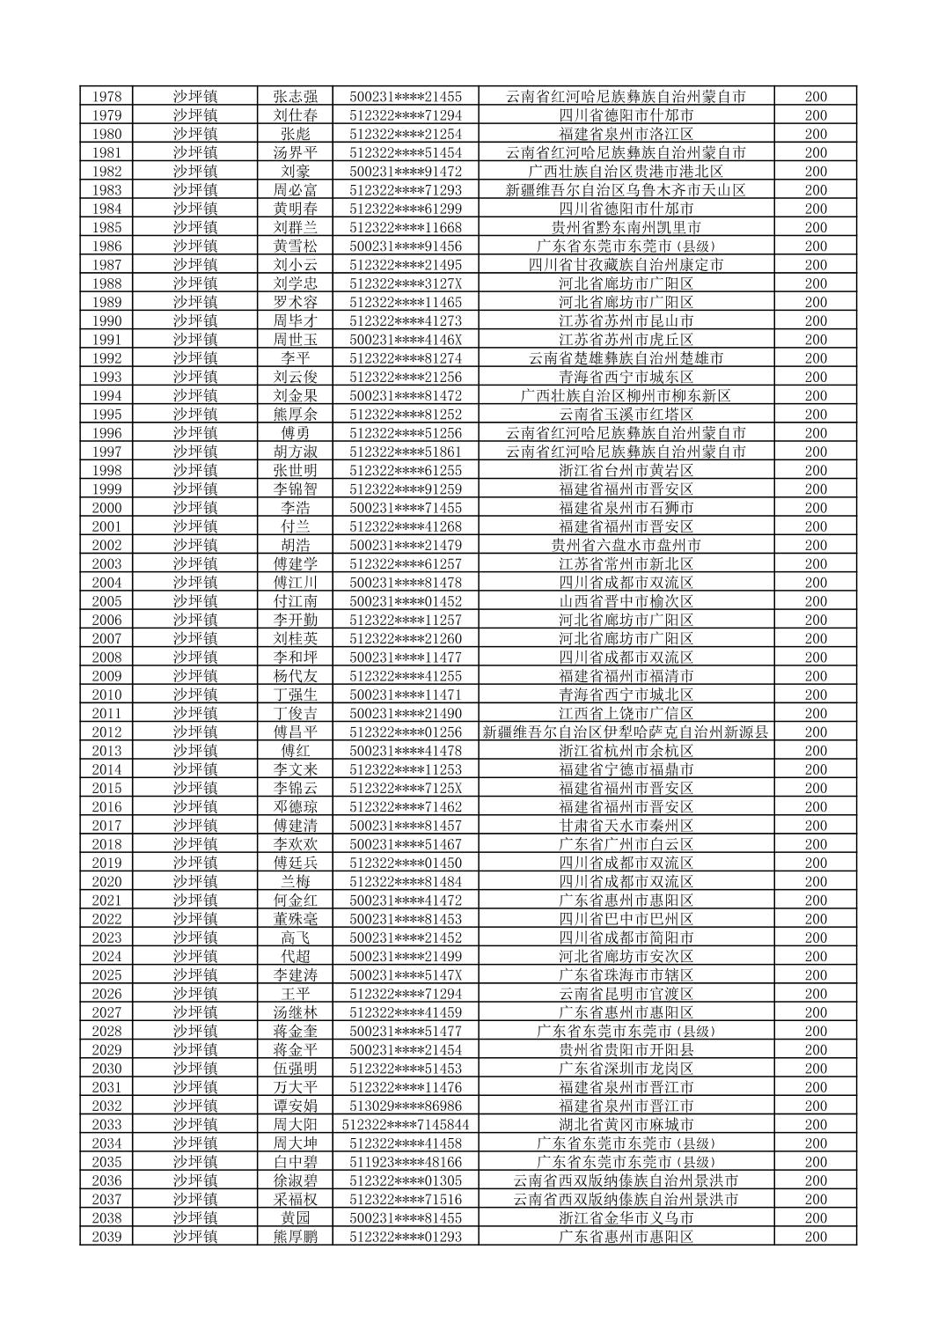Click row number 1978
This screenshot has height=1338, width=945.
click(x=106, y=97)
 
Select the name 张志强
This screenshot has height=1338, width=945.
click(x=295, y=97)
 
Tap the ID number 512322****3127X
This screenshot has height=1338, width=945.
click(x=405, y=283)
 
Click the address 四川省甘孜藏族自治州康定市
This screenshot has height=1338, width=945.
click(x=626, y=265)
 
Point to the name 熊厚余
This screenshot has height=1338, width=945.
click(x=295, y=415)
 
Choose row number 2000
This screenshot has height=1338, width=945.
click(x=106, y=508)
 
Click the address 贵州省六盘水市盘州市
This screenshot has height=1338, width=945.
click(x=626, y=545)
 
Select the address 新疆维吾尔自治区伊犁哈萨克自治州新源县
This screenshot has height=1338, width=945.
click(x=626, y=732)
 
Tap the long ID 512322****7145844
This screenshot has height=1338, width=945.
click(x=405, y=1125)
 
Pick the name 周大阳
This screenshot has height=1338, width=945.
click(x=295, y=1125)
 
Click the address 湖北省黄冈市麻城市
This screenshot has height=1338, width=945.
click(x=626, y=1125)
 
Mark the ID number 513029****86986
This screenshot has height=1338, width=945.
click(x=405, y=1106)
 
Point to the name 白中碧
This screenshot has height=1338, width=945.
click(x=295, y=1162)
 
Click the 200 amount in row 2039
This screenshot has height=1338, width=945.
click(x=816, y=1237)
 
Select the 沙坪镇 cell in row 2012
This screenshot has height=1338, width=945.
click(x=194, y=732)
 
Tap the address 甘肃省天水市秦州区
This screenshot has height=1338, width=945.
click(x=626, y=826)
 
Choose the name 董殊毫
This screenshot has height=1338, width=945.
click(x=295, y=919)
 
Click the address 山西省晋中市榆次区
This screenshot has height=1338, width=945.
click(x=626, y=601)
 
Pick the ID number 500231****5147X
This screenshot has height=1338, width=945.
click(x=405, y=975)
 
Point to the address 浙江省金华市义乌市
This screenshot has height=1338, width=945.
click(x=626, y=1218)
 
